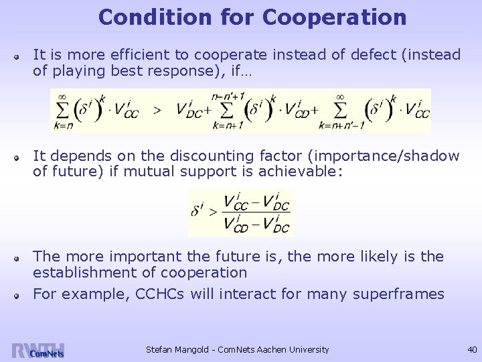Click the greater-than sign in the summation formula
coord(157,111)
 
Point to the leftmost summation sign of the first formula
coord(64,110)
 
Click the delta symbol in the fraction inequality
coord(197,212)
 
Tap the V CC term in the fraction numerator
coord(236,202)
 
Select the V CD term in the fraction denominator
coord(236,225)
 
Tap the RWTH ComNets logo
coord(37,350)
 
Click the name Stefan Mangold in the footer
coord(175,349)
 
